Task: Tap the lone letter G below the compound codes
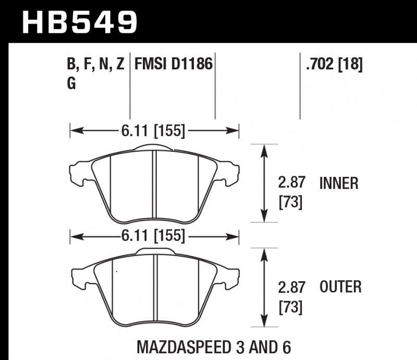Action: (72, 83)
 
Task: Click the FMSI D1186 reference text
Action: (174, 65)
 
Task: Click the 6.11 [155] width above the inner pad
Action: (154, 131)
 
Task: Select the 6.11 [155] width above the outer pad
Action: (154, 236)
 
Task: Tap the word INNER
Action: (339, 183)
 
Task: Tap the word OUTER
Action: (340, 286)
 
